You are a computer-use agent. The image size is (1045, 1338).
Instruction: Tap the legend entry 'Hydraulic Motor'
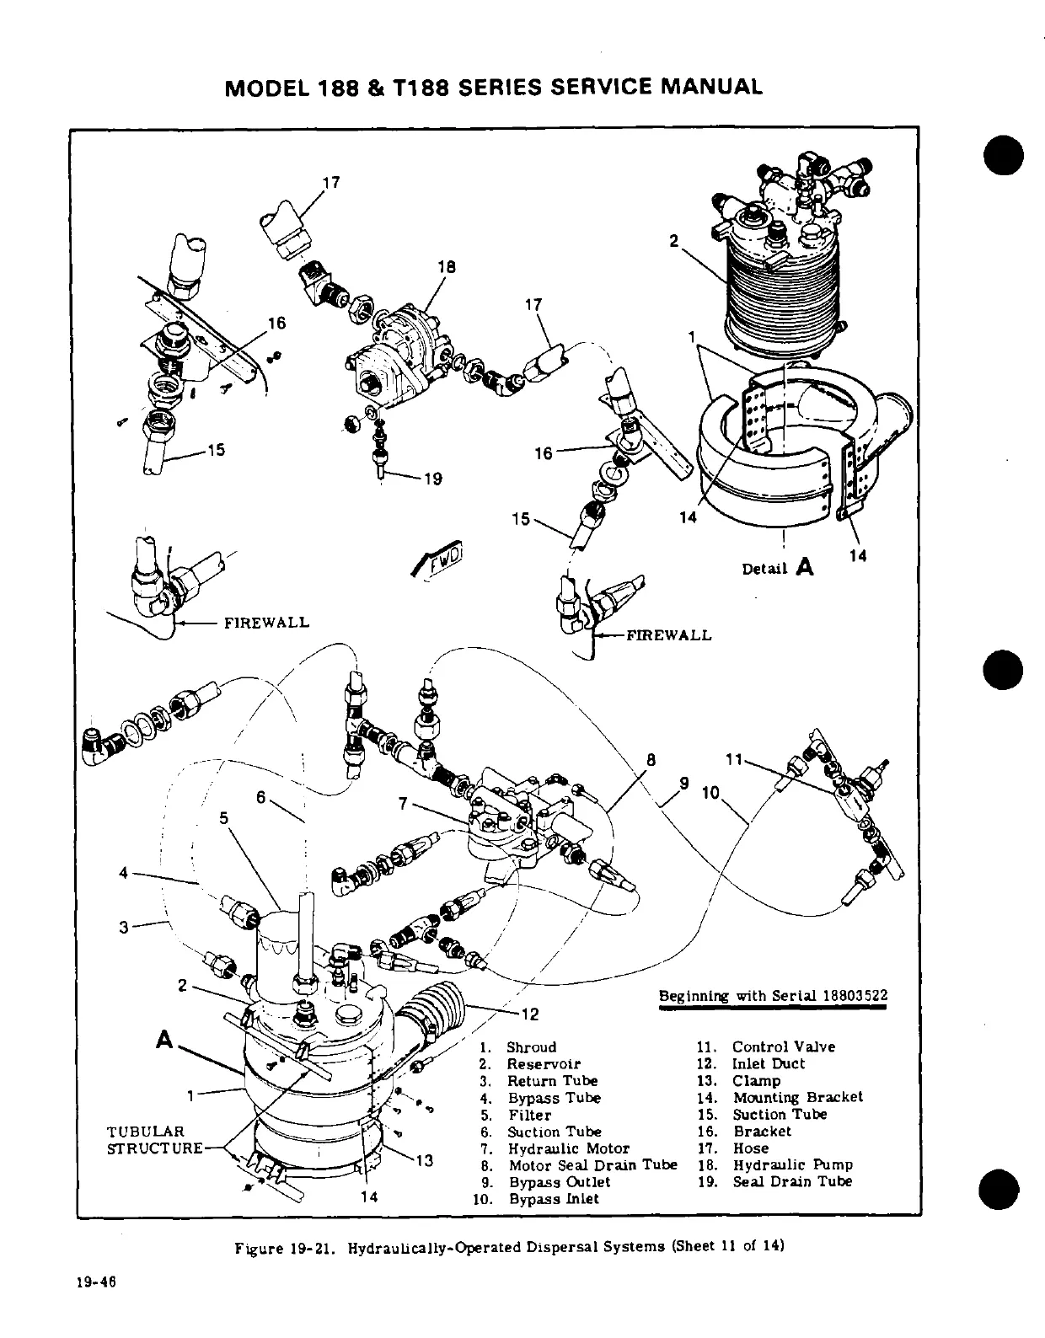568,1148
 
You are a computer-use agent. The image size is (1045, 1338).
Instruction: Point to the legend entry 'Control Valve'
783,1046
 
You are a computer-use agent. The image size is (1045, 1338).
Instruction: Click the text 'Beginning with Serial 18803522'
773,996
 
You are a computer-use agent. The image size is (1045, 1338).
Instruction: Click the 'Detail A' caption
778,568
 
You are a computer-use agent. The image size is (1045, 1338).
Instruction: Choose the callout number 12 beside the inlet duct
529,1014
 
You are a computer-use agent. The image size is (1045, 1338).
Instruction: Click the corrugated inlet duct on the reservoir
436,1006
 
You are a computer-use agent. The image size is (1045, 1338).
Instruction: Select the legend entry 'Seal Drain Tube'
792,1181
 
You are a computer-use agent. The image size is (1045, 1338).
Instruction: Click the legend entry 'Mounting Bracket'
797,1097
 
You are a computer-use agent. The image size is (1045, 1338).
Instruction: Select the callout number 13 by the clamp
425,1161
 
